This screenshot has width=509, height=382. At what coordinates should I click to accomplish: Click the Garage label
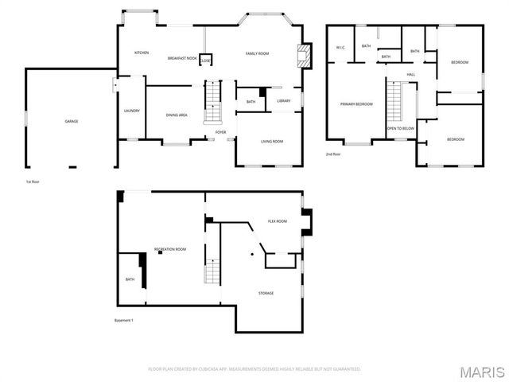pos(71,121)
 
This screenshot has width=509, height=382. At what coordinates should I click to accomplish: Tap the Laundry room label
pos(132,111)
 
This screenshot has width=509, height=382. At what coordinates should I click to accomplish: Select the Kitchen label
pos(142,53)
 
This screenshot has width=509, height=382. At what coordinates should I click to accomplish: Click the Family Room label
pos(257,53)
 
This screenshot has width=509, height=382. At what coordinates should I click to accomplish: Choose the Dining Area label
pos(177,115)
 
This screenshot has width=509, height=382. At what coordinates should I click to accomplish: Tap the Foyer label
pos(220,132)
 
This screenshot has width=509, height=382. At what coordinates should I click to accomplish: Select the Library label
pos(284,101)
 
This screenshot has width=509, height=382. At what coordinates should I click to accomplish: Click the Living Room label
pos(272,142)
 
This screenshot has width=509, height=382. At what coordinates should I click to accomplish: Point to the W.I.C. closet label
pos(340,48)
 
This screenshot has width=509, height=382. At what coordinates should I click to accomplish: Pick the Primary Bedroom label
pos(357,104)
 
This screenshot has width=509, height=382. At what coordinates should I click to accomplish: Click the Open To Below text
pos(400,127)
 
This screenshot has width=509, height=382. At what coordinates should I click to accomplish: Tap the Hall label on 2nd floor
pos(411,75)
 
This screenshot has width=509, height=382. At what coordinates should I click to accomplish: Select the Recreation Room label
pos(170,250)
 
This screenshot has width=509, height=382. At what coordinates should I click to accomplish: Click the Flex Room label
pos(277,221)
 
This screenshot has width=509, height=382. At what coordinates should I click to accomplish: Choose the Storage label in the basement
pos(266,293)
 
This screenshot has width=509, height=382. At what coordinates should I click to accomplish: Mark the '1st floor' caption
pos(33,182)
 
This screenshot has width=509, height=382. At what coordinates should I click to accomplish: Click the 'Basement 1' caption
pos(125,320)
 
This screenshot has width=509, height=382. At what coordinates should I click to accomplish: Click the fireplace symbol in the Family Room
pos(301,54)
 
